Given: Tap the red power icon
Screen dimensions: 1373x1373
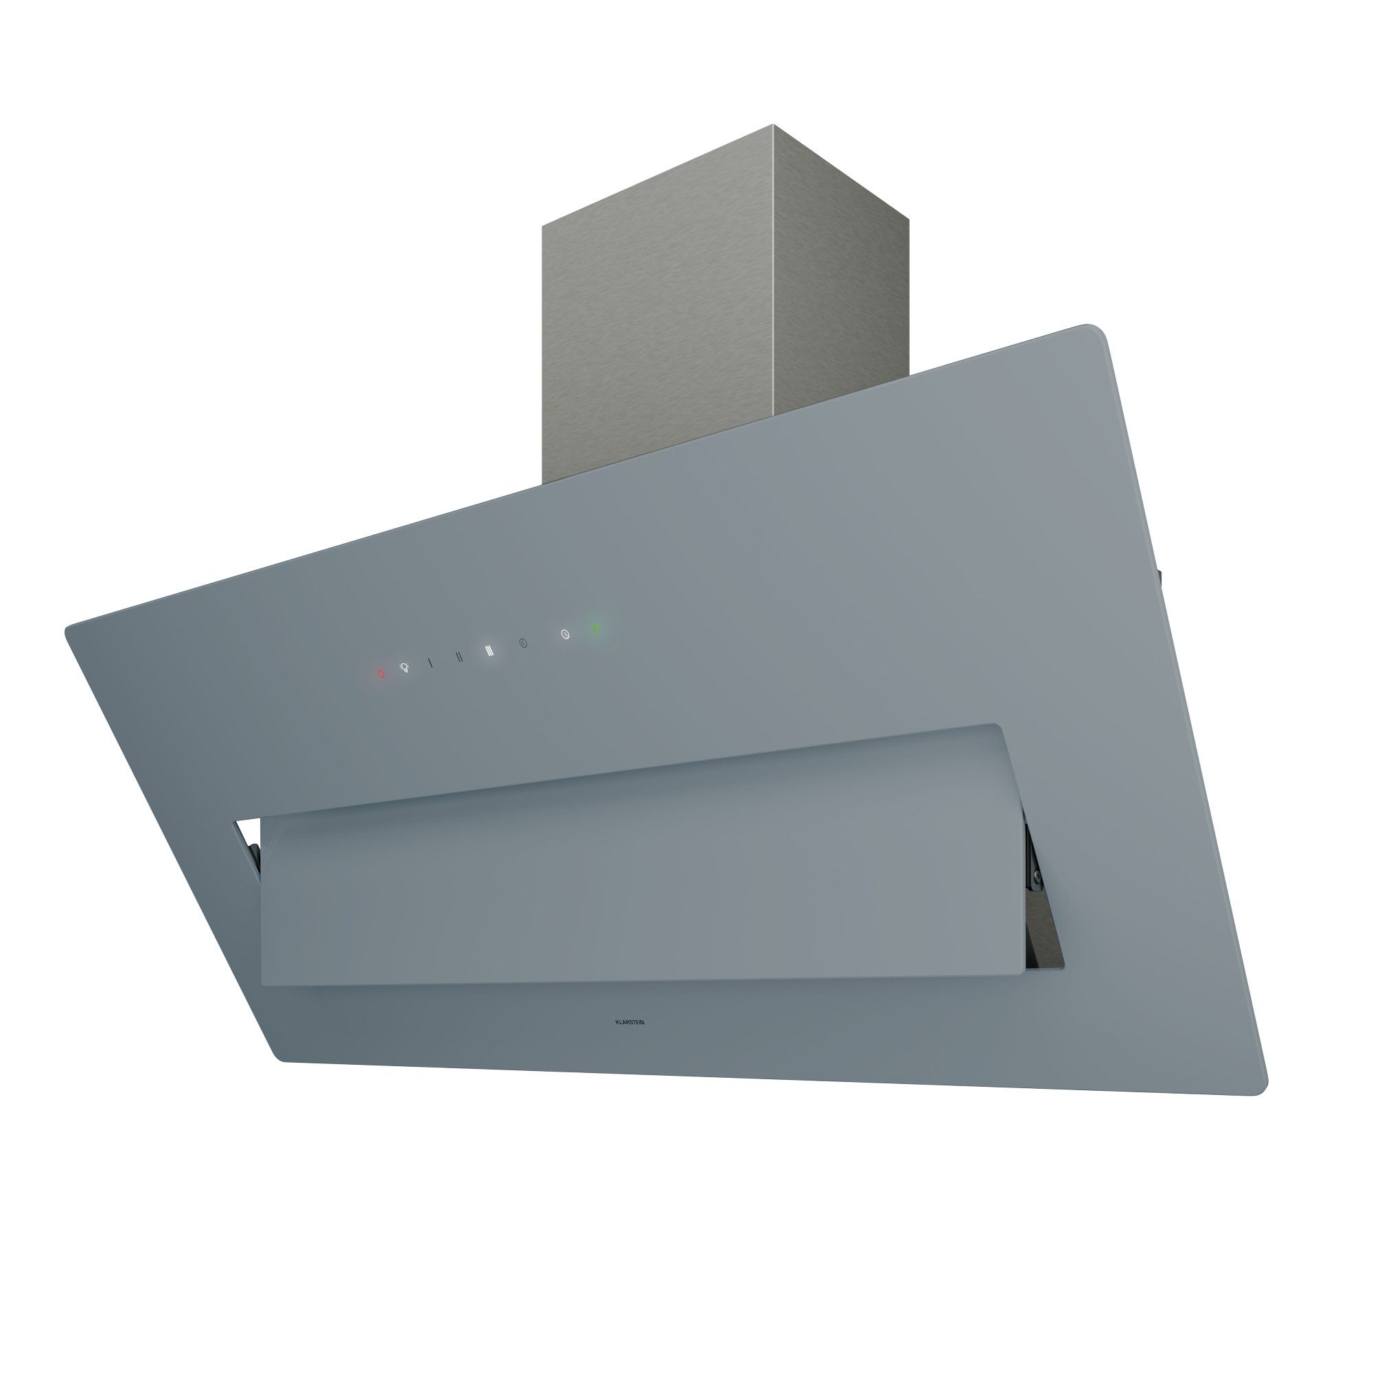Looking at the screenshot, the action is (380, 672).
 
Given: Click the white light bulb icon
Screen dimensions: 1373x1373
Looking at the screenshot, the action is (404, 667).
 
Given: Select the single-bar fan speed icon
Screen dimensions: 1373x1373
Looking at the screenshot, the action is (430, 662).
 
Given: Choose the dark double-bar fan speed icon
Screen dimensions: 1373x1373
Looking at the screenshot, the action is (459, 657).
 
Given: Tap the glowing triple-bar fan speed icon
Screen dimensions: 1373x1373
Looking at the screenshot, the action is (489, 650).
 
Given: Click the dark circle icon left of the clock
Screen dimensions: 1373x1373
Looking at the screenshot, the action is (524, 643).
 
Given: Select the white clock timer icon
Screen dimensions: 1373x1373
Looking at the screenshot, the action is (566, 634).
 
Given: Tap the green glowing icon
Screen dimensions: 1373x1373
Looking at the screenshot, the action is (597, 628).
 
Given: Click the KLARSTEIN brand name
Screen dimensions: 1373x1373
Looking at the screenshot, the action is (630, 1022).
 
